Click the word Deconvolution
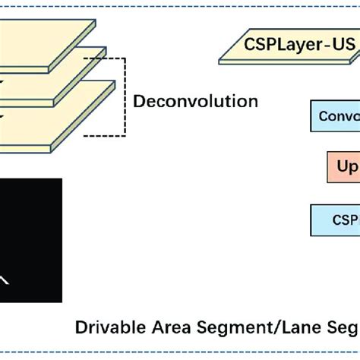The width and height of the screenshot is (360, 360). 195,101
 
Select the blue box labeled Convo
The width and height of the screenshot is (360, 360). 334,116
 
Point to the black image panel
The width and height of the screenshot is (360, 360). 30,239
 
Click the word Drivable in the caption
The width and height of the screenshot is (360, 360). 106,328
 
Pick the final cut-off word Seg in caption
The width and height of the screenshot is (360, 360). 341,328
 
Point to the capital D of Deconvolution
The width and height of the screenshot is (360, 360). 139,101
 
